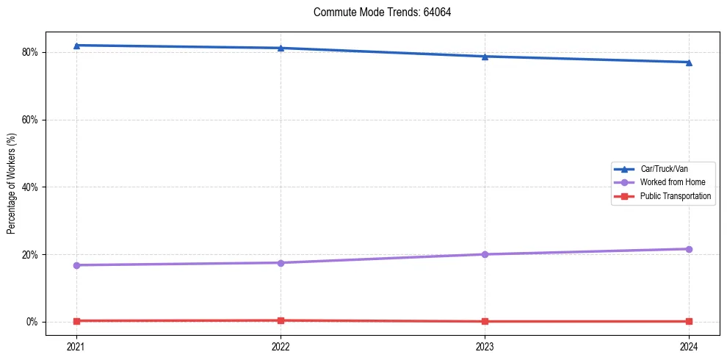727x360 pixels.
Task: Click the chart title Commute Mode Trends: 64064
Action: (377, 12)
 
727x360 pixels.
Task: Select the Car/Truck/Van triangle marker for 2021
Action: (76, 46)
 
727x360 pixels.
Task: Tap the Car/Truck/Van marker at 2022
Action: (281, 48)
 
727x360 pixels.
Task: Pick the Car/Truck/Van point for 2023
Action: (485, 57)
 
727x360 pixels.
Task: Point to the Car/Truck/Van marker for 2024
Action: (689, 62)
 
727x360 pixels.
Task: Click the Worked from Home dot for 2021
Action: (76, 265)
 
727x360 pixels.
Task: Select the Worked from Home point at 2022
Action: (281, 263)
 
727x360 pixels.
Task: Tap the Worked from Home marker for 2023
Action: (485, 254)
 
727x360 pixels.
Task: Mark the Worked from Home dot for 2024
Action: (689, 249)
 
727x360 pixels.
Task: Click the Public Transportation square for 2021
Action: (76, 321)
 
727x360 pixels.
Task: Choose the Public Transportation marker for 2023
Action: (485, 321)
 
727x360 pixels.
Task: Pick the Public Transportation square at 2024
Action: (689, 321)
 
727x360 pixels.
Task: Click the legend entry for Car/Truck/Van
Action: (664, 169)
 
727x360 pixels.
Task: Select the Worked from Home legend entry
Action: (673, 182)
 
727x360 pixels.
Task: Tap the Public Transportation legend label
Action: (676, 196)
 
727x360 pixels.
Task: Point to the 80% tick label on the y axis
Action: (32, 52)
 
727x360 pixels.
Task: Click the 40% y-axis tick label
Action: (32, 187)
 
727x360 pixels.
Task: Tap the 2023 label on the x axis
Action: (485, 345)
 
